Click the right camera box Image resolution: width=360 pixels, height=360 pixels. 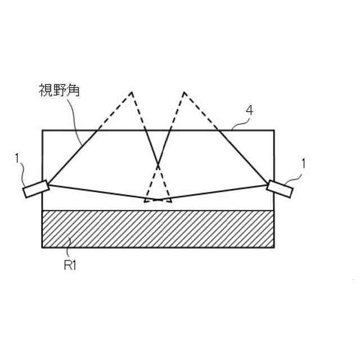[x=280, y=189]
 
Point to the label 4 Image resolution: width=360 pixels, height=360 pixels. [x=249, y=111]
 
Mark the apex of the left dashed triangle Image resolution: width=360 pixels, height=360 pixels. [x=132, y=92]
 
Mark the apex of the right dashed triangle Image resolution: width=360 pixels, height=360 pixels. [x=184, y=92]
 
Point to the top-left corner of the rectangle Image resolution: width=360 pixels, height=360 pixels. [x=43, y=130]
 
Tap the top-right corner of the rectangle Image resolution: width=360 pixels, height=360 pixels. [x=274, y=130]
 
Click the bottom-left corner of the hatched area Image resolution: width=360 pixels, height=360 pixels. [x=43, y=247]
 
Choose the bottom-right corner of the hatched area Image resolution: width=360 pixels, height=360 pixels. [x=274, y=247]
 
